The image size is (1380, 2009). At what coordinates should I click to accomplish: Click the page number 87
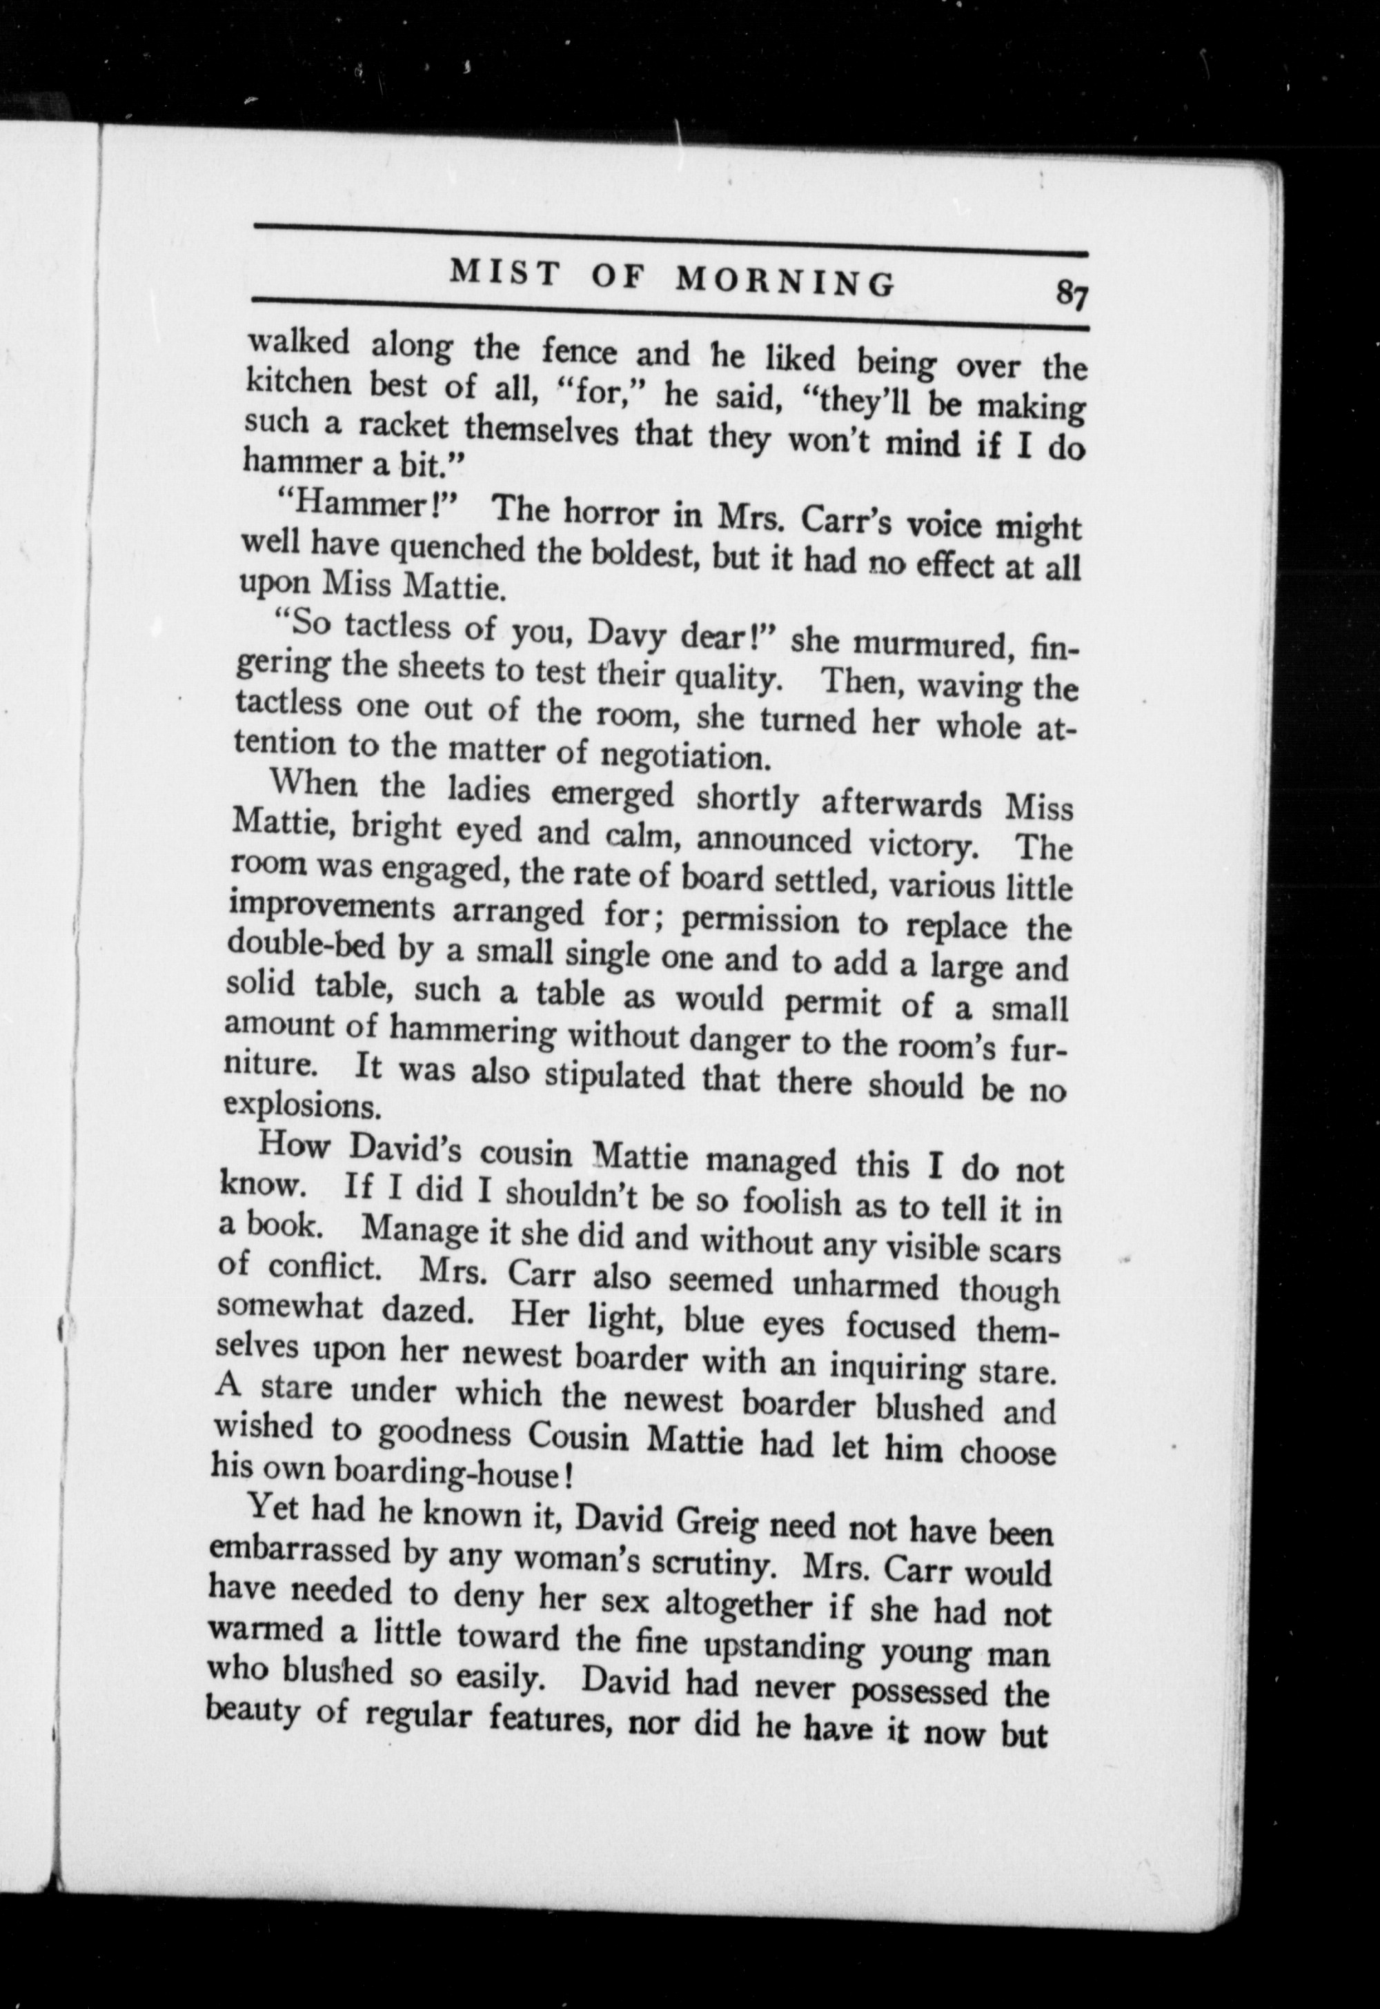click(1069, 296)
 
